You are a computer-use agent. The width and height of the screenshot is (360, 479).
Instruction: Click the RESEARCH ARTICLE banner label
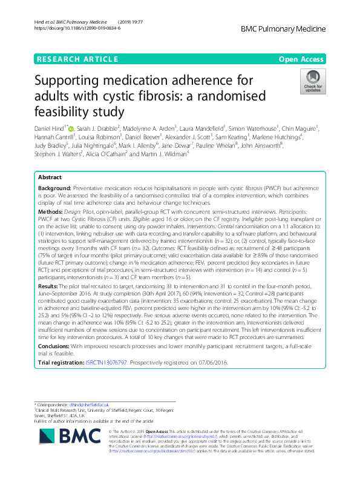[77, 59]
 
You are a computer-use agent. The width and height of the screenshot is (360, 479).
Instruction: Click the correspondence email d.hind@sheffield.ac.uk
[96, 404]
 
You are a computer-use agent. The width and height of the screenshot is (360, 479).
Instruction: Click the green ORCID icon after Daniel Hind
[71, 128]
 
